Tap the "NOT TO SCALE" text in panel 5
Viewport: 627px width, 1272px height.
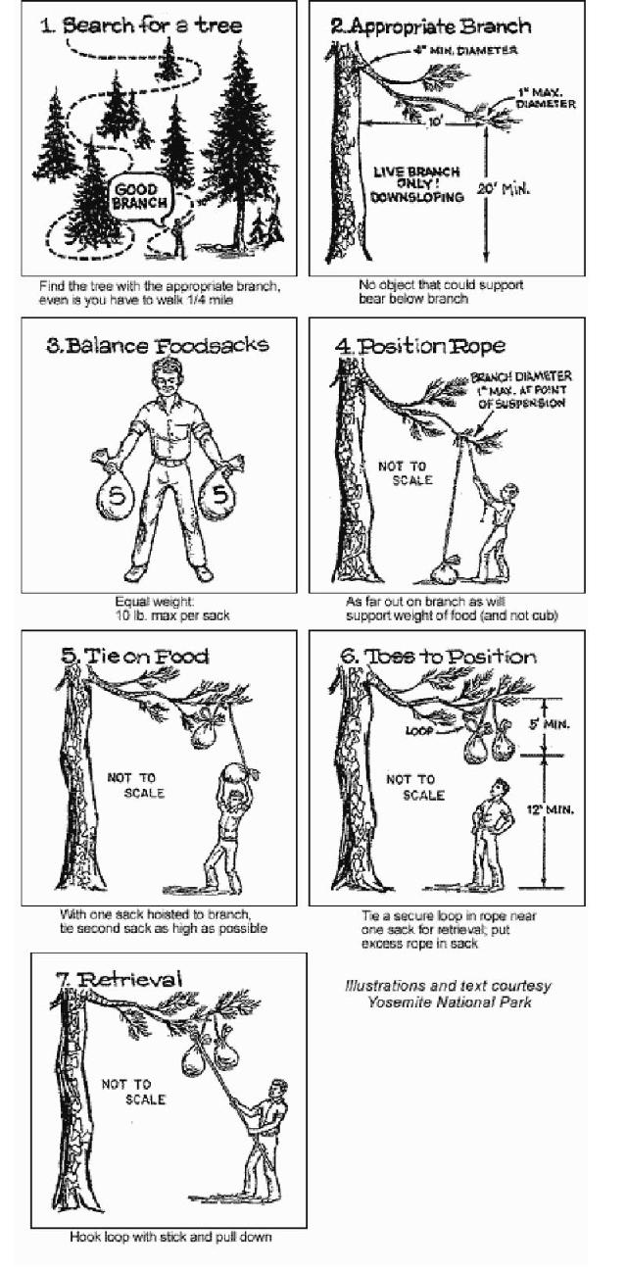tap(137, 784)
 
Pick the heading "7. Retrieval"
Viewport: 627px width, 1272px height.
tap(122, 978)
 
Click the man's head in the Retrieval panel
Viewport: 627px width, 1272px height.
tap(278, 1089)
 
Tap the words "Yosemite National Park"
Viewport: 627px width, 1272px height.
tap(449, 1002)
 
